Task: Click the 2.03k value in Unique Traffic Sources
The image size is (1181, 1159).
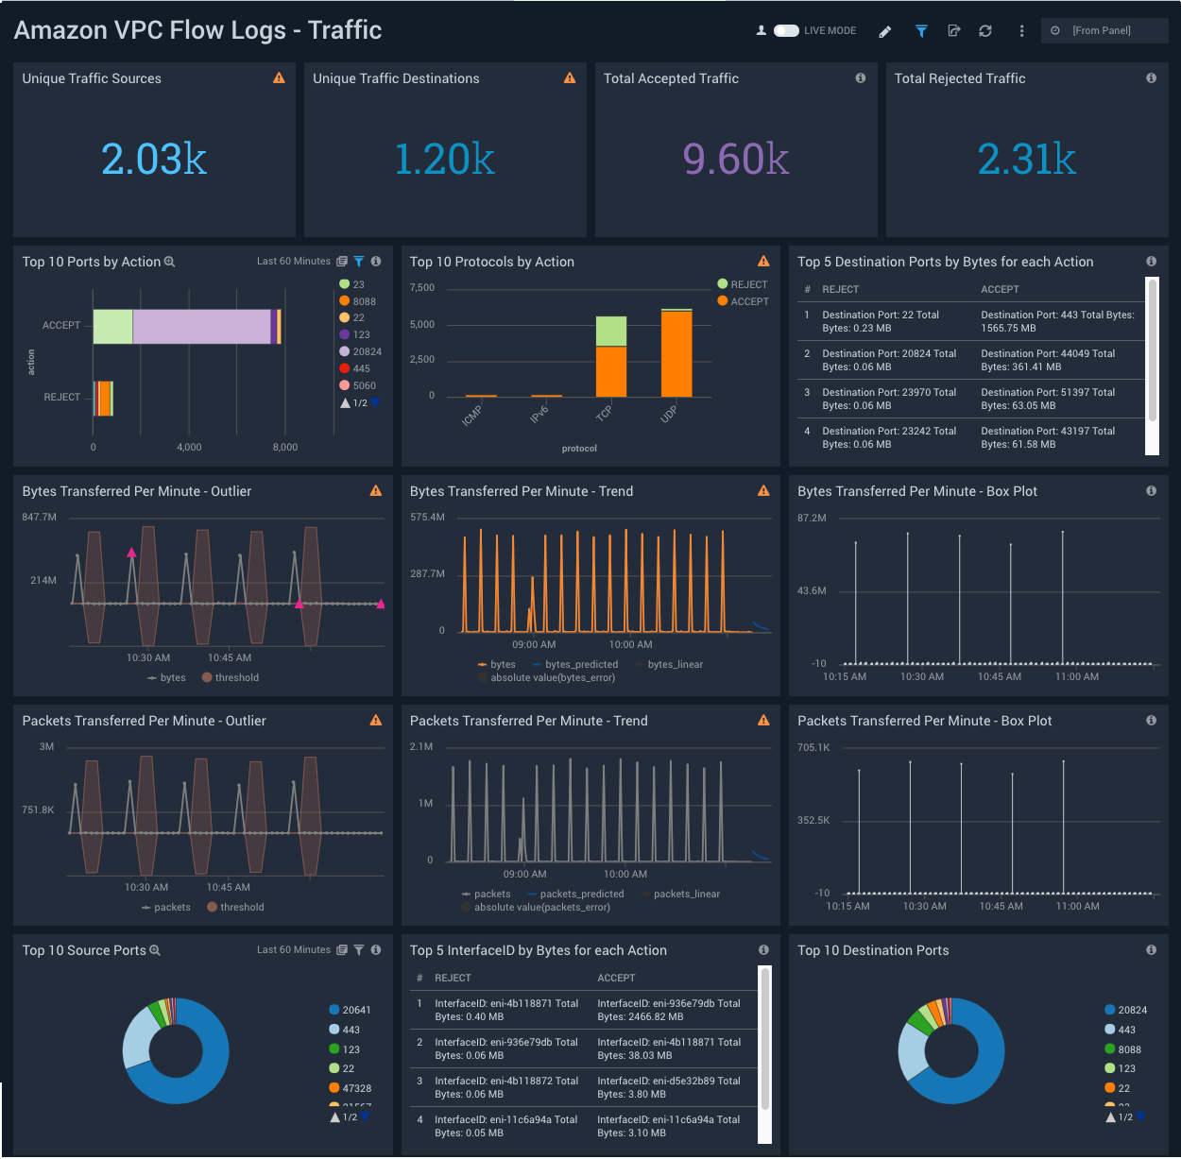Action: (154, 159)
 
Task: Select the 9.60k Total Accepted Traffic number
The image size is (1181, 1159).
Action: (735, 159)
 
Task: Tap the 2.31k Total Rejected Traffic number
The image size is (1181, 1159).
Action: (1026, 159)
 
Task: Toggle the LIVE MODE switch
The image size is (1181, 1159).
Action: (786, 31)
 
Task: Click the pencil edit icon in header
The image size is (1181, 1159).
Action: (885, 31)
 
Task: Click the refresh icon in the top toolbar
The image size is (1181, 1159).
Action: (985, 31)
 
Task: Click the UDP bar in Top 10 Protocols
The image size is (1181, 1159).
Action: (676, 353)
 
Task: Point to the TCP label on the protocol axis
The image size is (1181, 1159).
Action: (604, 414)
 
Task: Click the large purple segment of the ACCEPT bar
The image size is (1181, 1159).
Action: (201, 326)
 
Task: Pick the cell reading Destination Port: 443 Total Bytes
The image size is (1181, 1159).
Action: (1057, 321)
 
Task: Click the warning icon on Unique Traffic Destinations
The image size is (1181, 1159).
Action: (570, 78)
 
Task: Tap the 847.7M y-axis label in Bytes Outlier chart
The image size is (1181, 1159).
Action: (40, 518)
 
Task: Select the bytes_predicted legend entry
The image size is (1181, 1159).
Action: (580, 664)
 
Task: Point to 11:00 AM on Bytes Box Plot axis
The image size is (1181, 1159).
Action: (1076, 676)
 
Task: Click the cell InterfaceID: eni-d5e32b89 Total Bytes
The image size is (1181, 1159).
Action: (668, 1087)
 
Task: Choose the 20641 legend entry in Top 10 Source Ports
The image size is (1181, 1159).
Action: (355, 1010)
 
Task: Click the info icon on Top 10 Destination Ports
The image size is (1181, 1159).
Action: (1151, 950)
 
